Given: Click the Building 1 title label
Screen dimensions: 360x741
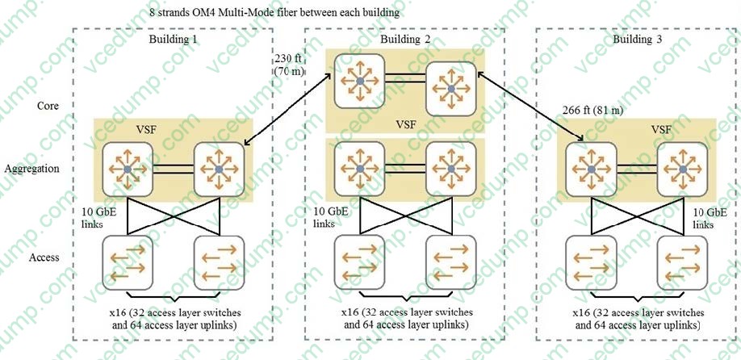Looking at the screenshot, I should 173,40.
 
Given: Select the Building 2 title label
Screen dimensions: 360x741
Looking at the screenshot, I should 404,40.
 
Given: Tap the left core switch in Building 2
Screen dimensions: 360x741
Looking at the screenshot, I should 358,79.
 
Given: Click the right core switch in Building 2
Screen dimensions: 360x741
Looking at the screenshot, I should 450,86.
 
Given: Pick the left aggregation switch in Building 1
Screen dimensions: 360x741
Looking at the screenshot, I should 127,168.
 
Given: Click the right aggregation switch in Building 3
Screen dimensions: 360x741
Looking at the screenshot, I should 682,168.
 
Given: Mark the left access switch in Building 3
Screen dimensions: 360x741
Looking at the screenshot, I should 591,261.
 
